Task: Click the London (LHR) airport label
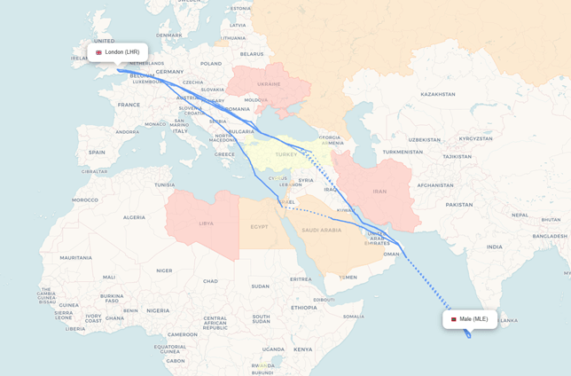click(x=121, y=52)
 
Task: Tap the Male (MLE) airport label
click(x=473, y=319)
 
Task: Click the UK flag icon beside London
click(x=98, y=52)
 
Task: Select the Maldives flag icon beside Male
click(x=453, y=319)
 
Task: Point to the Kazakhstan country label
click(x=437, y=94)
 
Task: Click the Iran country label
click(x=379, y=192)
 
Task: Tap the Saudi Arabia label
click(x=321, y=231)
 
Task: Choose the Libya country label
click(x=206, y=223)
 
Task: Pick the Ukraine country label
click(x=268, y=84)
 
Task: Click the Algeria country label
click(x=134, y=217)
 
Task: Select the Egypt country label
click(x=259, y=227)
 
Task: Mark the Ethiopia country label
click(x=303, y=308)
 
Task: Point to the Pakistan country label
click(x=459, y=205)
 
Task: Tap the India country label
click(x=494, y=247)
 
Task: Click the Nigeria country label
click(x=158, y=310)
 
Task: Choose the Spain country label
click(x=97, y=153)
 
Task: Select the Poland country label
click(x=211, y=64)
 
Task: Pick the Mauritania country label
click(x=75, y=258)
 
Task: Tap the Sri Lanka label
click(x=508, y=321)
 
